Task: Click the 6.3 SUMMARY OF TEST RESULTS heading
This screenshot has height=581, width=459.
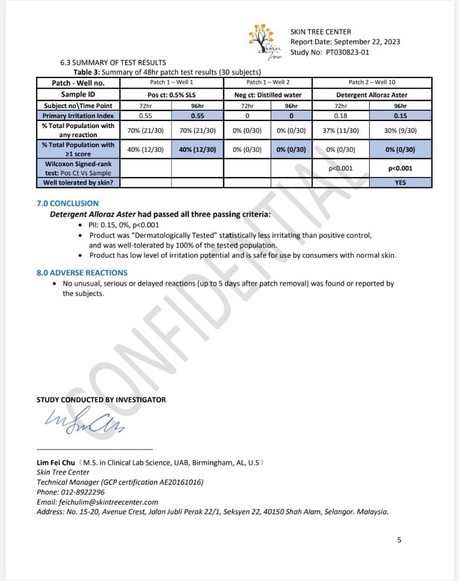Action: pos(113,62)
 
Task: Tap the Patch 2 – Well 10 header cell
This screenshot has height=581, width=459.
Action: pos(372,82)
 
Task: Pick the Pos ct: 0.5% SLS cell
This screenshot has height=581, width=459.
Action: pos(172,95)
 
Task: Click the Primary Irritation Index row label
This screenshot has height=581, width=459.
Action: pos(78,116)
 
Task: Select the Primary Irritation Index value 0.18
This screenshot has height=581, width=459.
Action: pos(340,116)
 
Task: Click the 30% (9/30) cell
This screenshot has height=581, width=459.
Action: pos(400,131)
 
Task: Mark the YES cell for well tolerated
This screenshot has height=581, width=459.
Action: pos(400,182)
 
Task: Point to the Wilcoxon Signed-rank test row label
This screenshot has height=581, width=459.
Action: pos(78,168)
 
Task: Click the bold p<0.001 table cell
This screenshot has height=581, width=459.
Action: pos(400,168)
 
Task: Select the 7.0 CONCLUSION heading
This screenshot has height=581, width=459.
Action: pos(67,203)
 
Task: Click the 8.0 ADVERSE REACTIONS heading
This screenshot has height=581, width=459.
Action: pos(82,273)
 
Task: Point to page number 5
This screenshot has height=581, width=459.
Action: pos(399,540)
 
